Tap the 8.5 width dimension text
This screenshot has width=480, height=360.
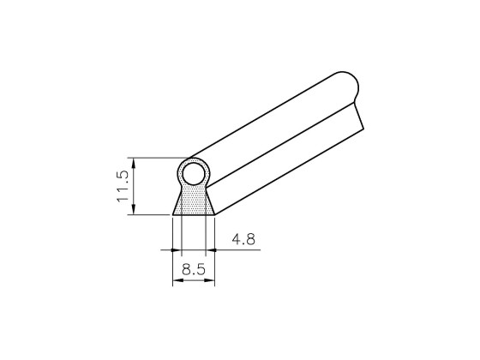tap(193, 270)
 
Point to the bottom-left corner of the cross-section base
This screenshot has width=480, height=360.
tap(173, 215)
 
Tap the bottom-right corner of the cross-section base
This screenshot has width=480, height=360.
tap(213, 215)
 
